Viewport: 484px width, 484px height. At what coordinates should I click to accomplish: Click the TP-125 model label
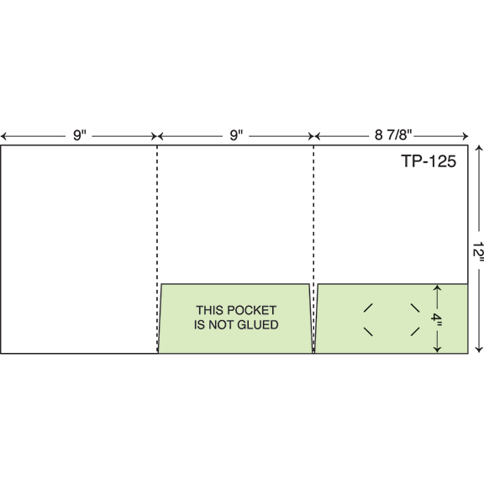[429, 161]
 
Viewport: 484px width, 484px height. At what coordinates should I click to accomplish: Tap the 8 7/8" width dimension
[393, 135]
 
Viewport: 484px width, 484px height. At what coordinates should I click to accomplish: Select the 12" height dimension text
[478, 251]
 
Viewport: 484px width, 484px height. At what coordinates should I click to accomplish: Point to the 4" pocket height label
[437, 318]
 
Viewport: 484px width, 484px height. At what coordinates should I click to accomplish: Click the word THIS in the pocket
[208, 310]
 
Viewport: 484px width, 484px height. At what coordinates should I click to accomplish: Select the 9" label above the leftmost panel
[80, 135]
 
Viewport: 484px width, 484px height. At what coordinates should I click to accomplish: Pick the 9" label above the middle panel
[236, 135]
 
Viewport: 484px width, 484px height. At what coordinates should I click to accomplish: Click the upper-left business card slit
[368, 308]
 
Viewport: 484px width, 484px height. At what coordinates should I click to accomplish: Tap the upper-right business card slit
[415, 308]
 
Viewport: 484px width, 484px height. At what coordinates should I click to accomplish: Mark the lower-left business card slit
[368, 332]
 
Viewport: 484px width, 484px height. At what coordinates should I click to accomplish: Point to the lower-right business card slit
[415, 332]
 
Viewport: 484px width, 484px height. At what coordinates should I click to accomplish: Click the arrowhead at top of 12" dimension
[479, 148]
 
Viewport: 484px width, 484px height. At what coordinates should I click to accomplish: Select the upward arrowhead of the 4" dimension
[437, 287]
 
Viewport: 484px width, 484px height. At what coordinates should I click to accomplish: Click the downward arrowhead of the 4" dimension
[437, 350]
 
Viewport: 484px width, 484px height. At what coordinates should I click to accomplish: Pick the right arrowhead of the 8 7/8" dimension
[466, 136]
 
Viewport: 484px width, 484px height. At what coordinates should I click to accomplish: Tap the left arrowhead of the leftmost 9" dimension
[3, 136]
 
